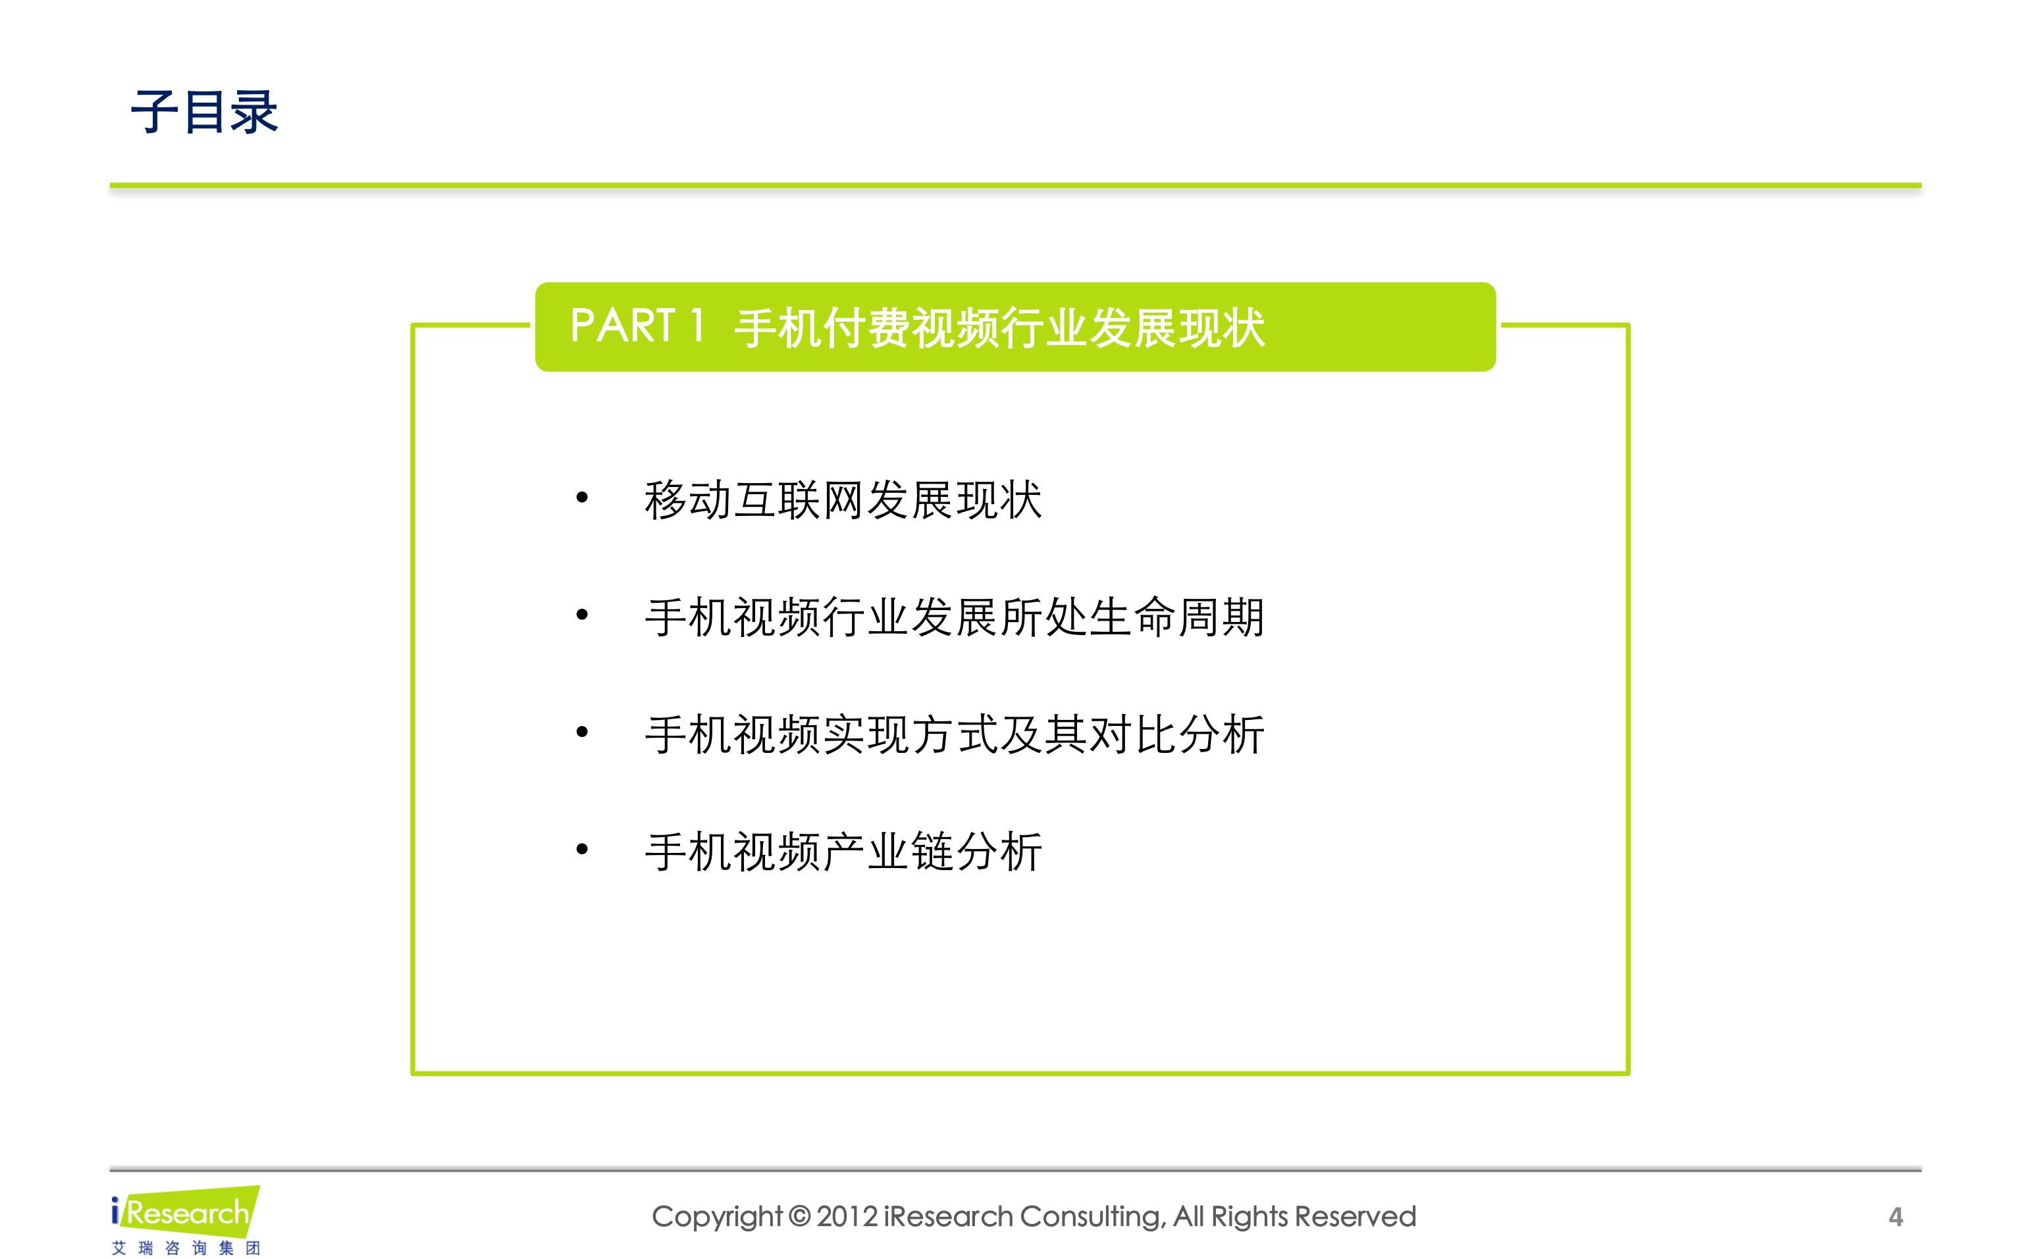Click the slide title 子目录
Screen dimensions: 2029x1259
click(204, 112)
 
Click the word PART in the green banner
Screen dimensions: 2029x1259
click(622, 326)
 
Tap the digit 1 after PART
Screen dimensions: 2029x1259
click(697, 326)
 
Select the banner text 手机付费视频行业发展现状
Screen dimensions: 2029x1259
click(999, 327)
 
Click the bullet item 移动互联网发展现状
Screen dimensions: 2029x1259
click(843, 500)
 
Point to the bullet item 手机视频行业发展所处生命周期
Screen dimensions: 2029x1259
click(955, 618)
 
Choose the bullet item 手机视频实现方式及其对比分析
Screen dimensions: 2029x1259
click(955, 735)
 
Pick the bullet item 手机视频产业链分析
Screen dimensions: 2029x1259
click(843, 852)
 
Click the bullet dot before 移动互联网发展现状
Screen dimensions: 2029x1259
click(582, 498)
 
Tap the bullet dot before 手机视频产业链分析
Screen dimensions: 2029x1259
click(582, 850)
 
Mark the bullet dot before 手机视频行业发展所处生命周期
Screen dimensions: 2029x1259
click(582, 615)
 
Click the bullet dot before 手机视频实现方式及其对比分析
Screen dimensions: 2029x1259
click(582, 732)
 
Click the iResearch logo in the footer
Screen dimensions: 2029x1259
click(185, 1212)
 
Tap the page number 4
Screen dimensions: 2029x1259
click(1896, 1218)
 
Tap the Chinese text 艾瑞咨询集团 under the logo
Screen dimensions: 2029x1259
click(186, 1247)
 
